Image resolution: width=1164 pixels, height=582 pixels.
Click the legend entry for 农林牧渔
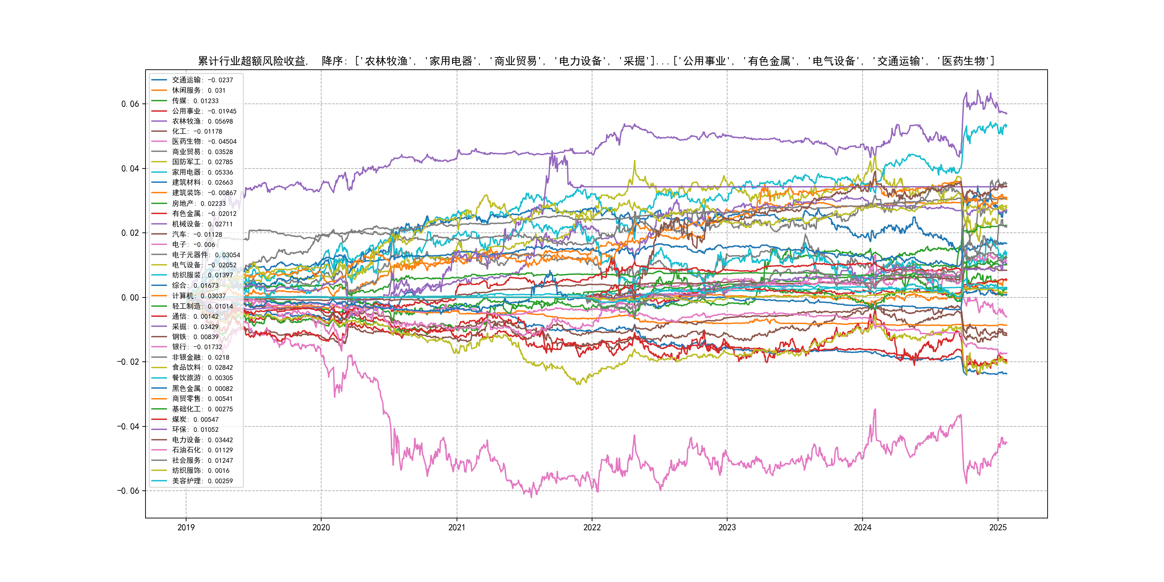pos(202,121)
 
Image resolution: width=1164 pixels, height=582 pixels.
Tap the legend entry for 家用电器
pos(202,172)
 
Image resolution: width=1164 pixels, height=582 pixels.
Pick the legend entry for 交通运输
pos(202,80)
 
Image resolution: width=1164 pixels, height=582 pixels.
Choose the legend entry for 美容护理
pos(202,481)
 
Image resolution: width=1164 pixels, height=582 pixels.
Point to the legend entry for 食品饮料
pos(202,368)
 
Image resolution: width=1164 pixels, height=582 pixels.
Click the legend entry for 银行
pos(197,347)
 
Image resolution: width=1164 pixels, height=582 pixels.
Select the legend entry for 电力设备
pos(202,440)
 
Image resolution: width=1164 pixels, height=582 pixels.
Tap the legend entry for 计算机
pos(198,296)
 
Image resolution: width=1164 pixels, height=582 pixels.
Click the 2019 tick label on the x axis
pos(186,527)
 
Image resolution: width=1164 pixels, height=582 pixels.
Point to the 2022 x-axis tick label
pos(592,527)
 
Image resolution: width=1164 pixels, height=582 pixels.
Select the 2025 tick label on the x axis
pos(998,527)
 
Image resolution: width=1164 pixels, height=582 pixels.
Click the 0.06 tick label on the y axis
pos(130,104)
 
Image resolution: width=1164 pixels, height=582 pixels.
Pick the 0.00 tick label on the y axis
pos(130,297)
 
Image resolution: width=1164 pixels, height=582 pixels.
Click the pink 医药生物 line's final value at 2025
pos(1006,443)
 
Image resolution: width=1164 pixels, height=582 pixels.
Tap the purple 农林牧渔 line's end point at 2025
pos(1006,114)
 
